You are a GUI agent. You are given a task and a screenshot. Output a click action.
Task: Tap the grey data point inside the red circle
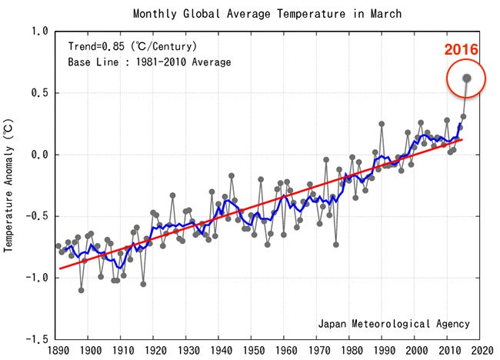[466, 78]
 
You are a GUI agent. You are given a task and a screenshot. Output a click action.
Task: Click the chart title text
[267, 14]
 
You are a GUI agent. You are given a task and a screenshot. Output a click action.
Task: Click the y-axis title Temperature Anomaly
[10, 185]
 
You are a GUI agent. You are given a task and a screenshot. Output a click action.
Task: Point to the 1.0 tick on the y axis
[40, 32]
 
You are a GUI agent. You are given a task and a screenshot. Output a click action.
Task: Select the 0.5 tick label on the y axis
[40, 93]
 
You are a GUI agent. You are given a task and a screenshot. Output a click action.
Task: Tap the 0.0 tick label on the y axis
[40, 155]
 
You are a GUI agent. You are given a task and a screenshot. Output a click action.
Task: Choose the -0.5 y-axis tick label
[37, 216]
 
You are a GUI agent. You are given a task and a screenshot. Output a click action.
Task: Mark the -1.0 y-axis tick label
[37, 278]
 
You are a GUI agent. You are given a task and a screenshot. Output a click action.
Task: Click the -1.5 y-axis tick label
[37, 339]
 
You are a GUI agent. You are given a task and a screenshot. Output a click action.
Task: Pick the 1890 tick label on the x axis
[56, 351]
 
